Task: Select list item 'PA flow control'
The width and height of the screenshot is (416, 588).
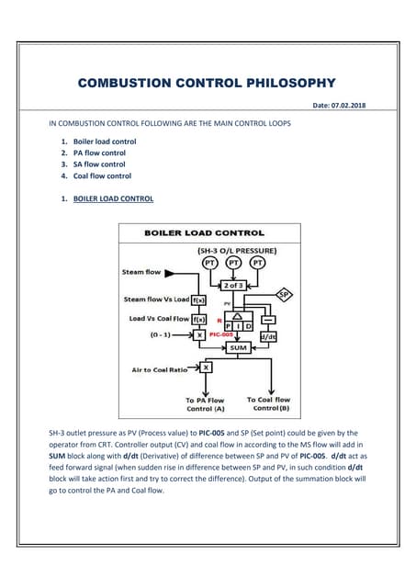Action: tap(104, 153)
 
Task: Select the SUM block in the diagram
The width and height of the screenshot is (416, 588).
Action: tap(238, 348)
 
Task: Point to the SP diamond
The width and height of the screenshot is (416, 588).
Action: tap(286, 294)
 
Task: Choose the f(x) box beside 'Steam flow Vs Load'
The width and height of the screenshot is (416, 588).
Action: tap(199, 300)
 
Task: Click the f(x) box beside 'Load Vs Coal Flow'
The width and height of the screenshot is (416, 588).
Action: tap(198, 319)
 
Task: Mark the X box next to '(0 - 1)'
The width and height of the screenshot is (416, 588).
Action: tap(198, 335)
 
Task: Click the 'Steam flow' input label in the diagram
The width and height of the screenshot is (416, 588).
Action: tap(141, 272)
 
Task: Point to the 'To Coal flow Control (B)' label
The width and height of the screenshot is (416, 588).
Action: tap(268, 404)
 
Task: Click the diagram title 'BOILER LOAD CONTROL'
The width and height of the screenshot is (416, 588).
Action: tap(204, 233)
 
